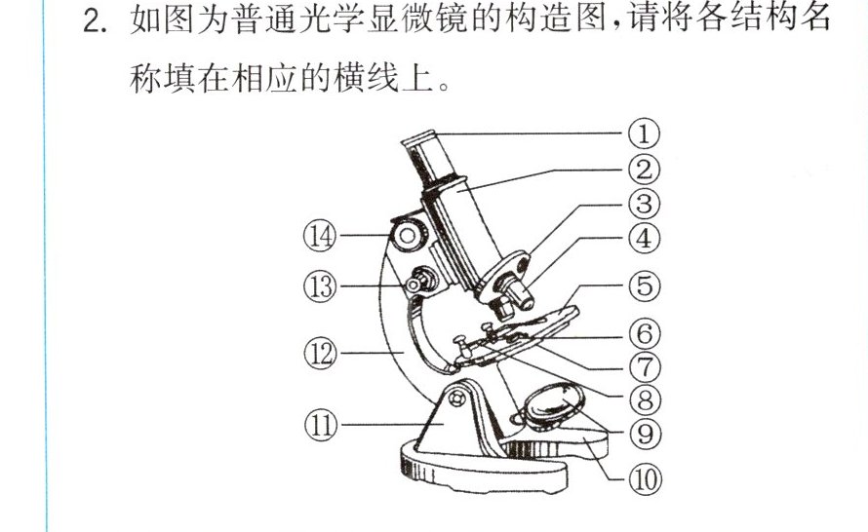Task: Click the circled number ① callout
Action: click(644, 133)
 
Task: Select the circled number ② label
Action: click(645, 170)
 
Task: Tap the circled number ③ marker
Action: click(645, 204)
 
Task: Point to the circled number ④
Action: click(645, 239)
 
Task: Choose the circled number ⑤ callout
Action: click(645, 285)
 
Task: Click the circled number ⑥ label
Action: click(645, 334)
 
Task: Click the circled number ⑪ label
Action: click(321, 425)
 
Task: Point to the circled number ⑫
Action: click(320, 353)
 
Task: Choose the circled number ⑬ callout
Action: click(320, 286)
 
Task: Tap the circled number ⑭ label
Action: click(320, 236)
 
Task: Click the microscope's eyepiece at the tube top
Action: click(419, 138)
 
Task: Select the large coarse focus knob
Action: click(408, 236)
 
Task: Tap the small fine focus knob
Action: click(420, 280)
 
